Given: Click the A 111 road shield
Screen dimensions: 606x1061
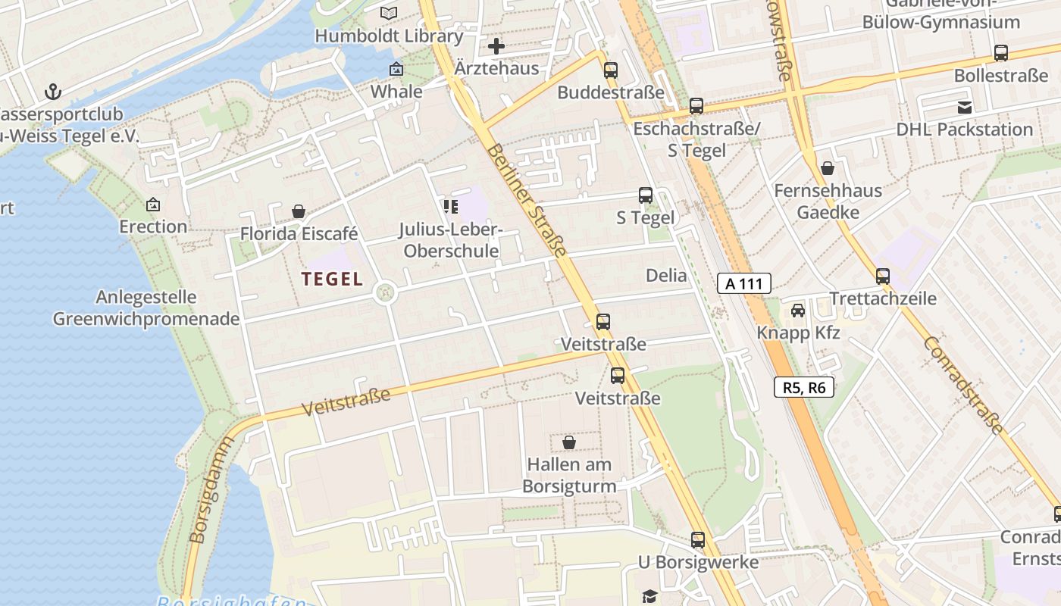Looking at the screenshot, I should tap(743, 284).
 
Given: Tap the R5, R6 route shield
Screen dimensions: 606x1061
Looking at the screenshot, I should tap(803, 388).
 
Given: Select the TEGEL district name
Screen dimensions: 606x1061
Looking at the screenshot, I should tap(332, 279).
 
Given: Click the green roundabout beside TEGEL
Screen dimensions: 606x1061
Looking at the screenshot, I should tap(385, 292).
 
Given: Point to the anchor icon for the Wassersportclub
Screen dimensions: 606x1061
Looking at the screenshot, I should tap(52, 92).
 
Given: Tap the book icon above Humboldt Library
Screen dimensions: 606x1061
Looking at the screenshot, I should tap(389, 14).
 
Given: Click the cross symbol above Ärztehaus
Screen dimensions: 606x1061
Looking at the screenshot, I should tap(496, 46).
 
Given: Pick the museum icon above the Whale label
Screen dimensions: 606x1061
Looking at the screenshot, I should tap(396, 70).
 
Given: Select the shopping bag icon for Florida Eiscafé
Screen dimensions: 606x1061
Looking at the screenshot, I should tap(299, 211).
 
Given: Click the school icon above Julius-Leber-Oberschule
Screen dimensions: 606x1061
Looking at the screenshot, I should tap(451, 206).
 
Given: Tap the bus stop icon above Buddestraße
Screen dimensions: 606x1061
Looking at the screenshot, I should tap(610, 70).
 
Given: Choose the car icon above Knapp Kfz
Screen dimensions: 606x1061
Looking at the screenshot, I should tap(798, 311).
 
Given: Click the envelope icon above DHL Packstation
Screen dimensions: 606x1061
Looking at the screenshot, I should tap(964, 108).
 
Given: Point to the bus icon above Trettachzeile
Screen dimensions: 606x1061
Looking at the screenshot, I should tap(882, 276).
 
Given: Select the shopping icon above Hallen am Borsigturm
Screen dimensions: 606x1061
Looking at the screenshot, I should tap(569, 442).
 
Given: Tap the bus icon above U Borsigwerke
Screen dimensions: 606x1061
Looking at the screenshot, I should tap(697, 540).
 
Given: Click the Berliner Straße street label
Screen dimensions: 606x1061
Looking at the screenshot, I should tap(527, 201).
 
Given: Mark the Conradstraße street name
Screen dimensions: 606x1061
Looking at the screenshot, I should tap(962, 385).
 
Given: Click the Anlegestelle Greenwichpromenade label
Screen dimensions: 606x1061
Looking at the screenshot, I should tap(146, 308).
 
